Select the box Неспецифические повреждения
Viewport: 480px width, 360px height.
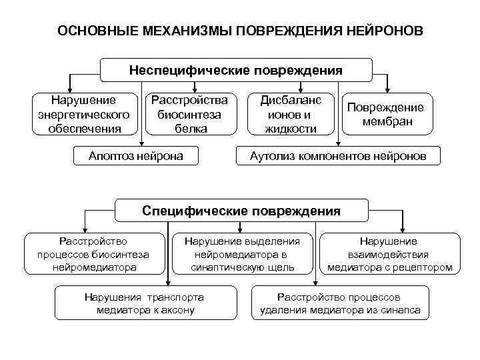click(236, 70)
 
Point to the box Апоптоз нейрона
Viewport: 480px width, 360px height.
click(137, 157)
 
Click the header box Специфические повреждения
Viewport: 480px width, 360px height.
click(241, 211)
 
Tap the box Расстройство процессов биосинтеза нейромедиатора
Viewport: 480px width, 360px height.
click(93, 254)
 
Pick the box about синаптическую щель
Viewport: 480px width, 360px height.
click(242, 254)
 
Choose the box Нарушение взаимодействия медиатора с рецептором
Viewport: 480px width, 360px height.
click(389, 254)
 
